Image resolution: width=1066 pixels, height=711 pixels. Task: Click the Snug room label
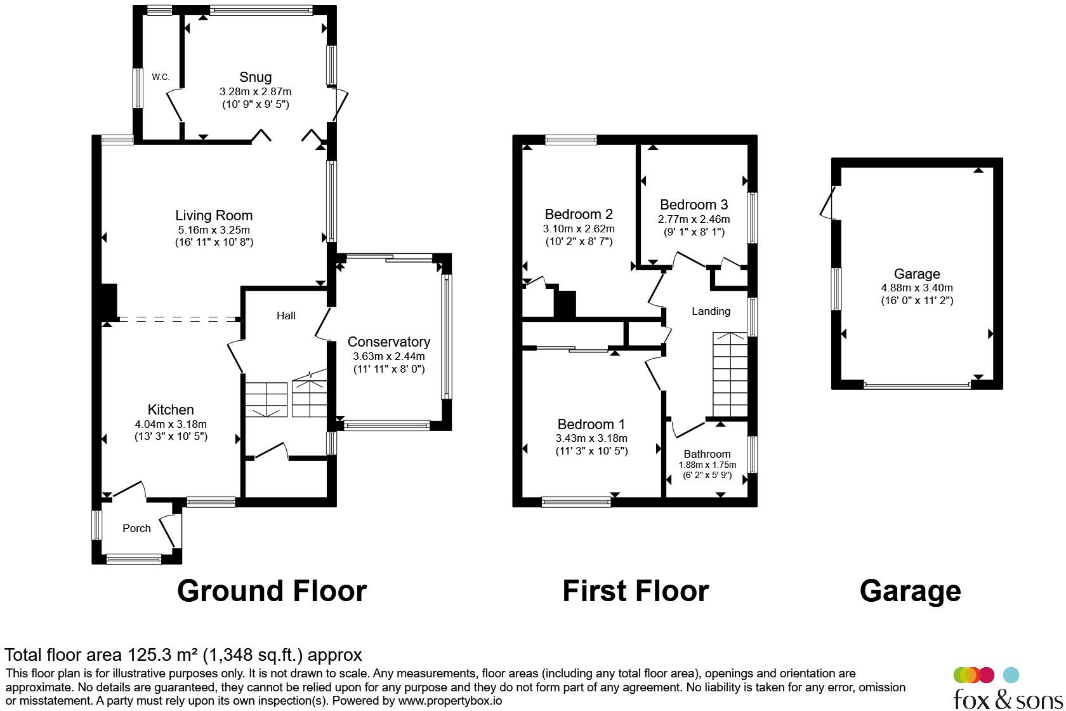(256, 77)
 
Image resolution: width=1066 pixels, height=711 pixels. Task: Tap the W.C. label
(161, 77)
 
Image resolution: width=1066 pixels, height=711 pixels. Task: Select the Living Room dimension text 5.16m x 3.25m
(214, 230)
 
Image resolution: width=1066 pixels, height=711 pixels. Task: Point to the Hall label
(286, 316)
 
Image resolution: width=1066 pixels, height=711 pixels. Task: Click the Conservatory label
(389, 342)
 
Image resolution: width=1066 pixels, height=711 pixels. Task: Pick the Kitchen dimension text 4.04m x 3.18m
(171, 424)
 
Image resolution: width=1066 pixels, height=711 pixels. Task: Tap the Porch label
(136, 528)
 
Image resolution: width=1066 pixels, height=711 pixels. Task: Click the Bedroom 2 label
(579, 215)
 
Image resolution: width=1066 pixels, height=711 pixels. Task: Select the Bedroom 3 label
(694, 205)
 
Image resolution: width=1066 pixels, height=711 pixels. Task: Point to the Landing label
(711, 312)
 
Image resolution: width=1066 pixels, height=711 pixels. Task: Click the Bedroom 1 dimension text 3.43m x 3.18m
(591, 438)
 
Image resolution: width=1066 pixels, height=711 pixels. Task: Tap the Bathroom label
(707, 454)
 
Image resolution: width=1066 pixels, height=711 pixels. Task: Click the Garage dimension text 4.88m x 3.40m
(917, 288)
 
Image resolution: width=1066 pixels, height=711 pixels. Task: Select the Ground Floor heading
(272, 591)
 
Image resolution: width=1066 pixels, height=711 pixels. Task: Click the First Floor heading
(636, 591)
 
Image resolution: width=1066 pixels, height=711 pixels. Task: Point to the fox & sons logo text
(1008, 699)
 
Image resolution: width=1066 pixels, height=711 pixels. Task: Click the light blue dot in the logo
(1011, 675)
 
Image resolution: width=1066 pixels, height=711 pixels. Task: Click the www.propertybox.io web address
(450, 700)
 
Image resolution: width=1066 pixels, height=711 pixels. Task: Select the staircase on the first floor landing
(730, 375)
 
